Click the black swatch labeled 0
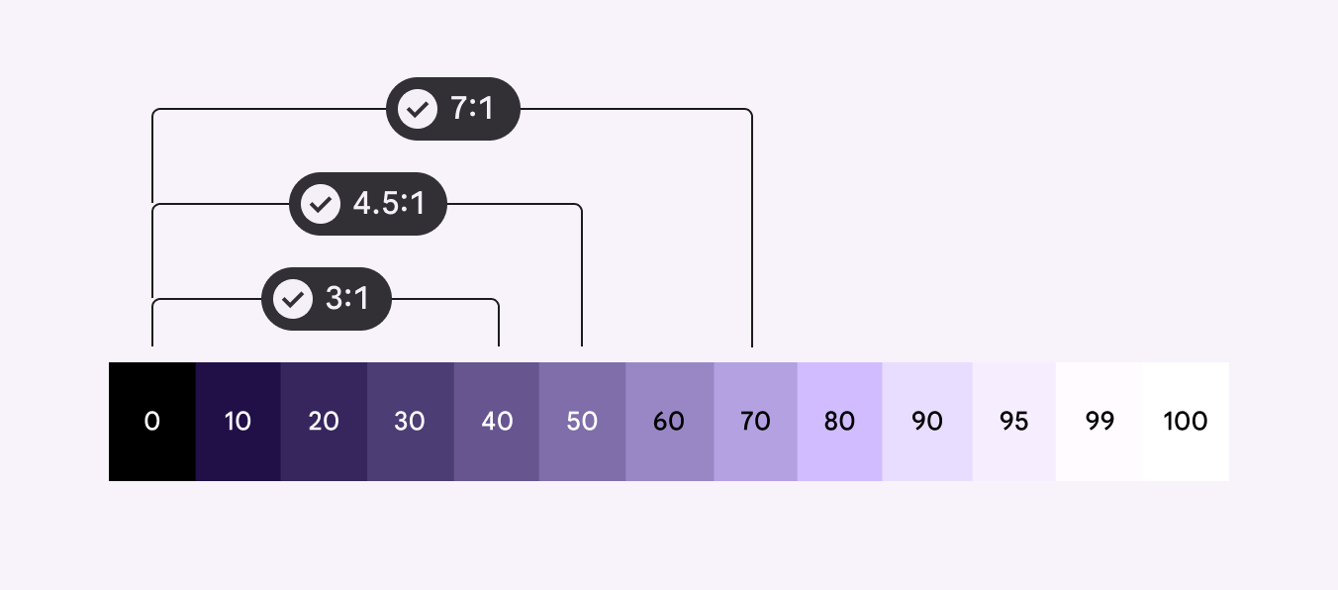click(152, 422)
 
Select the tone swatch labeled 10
click(239, 422)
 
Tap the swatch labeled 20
click(324, 422)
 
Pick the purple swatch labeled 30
click(411, 422)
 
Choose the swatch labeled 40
click(497, 422)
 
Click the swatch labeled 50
click(582, 422)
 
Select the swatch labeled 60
click(670, 422)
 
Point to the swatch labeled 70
click(756, 422)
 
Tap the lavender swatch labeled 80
click(840, 422)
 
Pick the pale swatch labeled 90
click(927, 422)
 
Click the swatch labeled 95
click(1014, 422)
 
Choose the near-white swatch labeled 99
click(1099, 422)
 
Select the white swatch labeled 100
click(1186, 422)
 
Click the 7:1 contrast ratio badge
click(453, 109)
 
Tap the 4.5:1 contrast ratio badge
click(368, 204)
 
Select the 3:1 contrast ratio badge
click(327, 299)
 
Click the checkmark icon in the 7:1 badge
click(418, 109)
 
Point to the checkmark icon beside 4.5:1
click(321, 204)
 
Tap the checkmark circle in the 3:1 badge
click(293, 299)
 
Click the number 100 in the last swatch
click(1186, 422)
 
